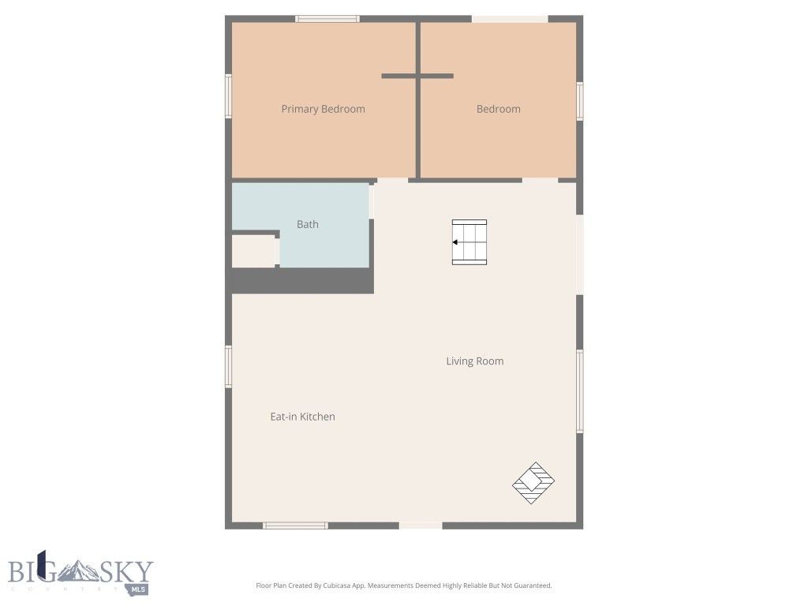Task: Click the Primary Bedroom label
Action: pyautogui.click(x=323, y=109)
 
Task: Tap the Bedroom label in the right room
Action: pyautogui.click(x=498, y=109)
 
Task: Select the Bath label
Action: pyautogui.click(x=308, y=224)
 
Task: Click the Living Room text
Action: pyautogui.click(x=474, y=361)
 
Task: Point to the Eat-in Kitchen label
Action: pyautogui.click(x=302, y=417)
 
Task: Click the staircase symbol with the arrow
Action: pyautogui.click(x=469, y=242)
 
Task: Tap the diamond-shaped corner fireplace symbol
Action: pyautogui.click(x=533, y=483)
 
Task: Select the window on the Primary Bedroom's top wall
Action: pyautogui.click(x=327, y=18)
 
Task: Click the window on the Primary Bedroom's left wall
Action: pyautogui.click(x=229, y=96)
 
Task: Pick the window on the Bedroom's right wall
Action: pyautogui.click(x=580, y=101)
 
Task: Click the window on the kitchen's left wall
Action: pyautogui.click(x=229, y=367)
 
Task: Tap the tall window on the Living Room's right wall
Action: pyautogui.click(x=580, y=391)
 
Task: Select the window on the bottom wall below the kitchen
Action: pyautogui.click(x=295, y=526)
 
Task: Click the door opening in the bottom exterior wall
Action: pyautogui.click(x=421, y=526)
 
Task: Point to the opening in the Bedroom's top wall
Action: pyautogui.click(x=509, y=18)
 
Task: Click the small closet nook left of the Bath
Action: pyautogui.click(x=253, y=251)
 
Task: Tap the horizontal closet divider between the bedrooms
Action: pyautogui.click(x=417, y=76)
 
